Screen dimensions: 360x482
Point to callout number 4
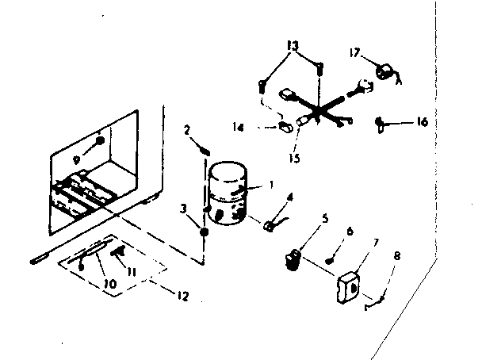tap(290, 196)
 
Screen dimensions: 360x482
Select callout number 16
tap(422, 121)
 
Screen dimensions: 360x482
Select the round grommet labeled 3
tap(204, 232)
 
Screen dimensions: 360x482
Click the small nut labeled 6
tap(328, 261)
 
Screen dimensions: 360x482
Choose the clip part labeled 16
tap(381, 123)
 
